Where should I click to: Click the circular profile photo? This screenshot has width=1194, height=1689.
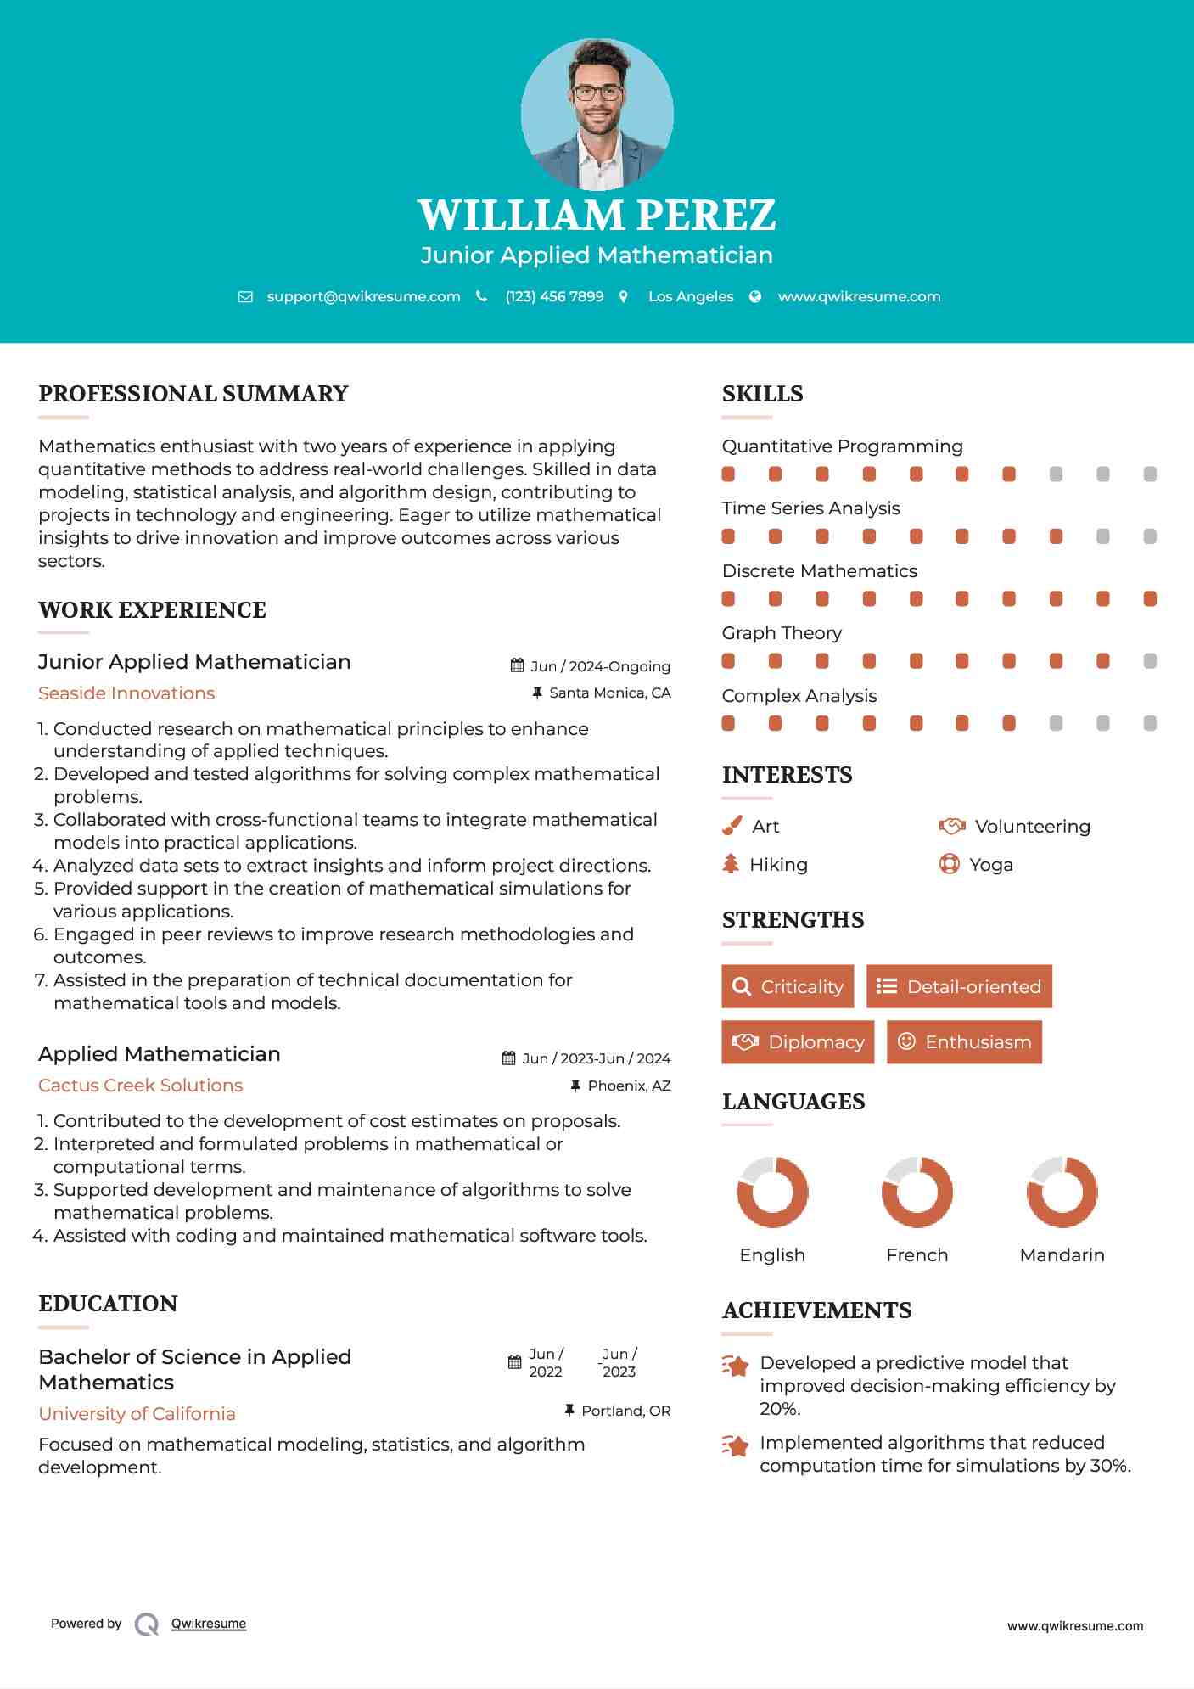pyautogui.click(x=597, y=114)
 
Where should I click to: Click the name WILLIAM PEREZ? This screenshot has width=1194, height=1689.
pyautogui.click(x=597, y=215)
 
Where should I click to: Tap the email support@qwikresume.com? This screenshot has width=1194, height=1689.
pyautogui.click(x=363, y=296)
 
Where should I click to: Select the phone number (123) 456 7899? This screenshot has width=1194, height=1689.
pyautogui.click(x=554, y=296)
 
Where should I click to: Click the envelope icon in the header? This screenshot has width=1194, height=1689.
pyautogui.click(x=245, y=297)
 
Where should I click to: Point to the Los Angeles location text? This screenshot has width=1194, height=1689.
pyautogui.click(x=690, y=296)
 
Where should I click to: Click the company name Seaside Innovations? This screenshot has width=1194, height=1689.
pyautogui.click(x=126, y=693)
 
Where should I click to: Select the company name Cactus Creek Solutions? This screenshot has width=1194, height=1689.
pyautogui.click(x=140, y=1086)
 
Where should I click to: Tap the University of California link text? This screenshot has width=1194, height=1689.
pyautogui.click(x=137, y=1414)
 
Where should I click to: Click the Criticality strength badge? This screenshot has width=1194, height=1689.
pyautogui.click(x=788, y=986)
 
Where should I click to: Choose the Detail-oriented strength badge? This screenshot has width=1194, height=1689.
pyautogui.click(x=959, y=986)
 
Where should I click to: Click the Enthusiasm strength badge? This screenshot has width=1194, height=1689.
pyautogui.click(x=964, y=1041)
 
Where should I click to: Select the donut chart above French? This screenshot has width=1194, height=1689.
pyautogui.click(x=917, y=1192)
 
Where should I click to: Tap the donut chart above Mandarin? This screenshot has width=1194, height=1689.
pyautogui.click(x=1062, y=1192)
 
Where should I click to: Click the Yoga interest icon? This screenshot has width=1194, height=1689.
pyautogui.click(x=949, y=864)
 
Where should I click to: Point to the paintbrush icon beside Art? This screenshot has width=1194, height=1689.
pyautogui.click(x=732, y=826)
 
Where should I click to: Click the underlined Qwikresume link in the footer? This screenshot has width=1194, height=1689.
pyautogui.click(x=209, y=1624)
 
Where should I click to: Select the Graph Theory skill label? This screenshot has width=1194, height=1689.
pyautogui.click(x=782, y=633)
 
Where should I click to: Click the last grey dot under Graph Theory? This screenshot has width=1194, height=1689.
pyautogui.click(x=1150, y=661)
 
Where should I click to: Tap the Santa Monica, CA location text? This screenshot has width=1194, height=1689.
pyautogui.click(x=609, y=693)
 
